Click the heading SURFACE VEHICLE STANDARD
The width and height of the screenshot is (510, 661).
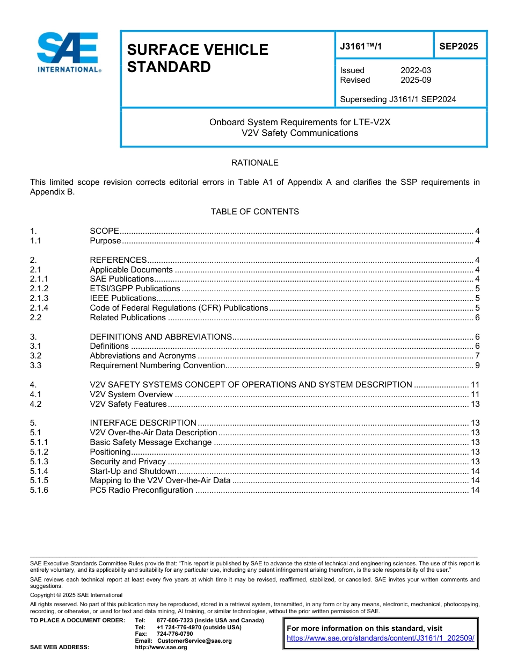197,58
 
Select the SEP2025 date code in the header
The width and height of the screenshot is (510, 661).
458,46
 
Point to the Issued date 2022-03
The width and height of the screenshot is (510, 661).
416,70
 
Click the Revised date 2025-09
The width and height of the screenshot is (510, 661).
416,80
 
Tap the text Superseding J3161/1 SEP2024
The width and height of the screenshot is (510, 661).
398,99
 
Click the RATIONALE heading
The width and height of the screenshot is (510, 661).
254,162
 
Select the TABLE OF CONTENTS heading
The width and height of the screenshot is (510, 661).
254,211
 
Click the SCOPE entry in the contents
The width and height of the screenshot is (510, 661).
104,231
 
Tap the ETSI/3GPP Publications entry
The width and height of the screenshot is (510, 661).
135,289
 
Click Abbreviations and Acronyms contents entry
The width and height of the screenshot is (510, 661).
143,356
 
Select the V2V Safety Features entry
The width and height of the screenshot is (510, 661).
128,404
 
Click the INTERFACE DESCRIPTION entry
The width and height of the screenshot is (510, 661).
143,423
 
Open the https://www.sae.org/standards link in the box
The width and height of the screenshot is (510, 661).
381,638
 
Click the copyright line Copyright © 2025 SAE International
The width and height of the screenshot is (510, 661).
76,595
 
